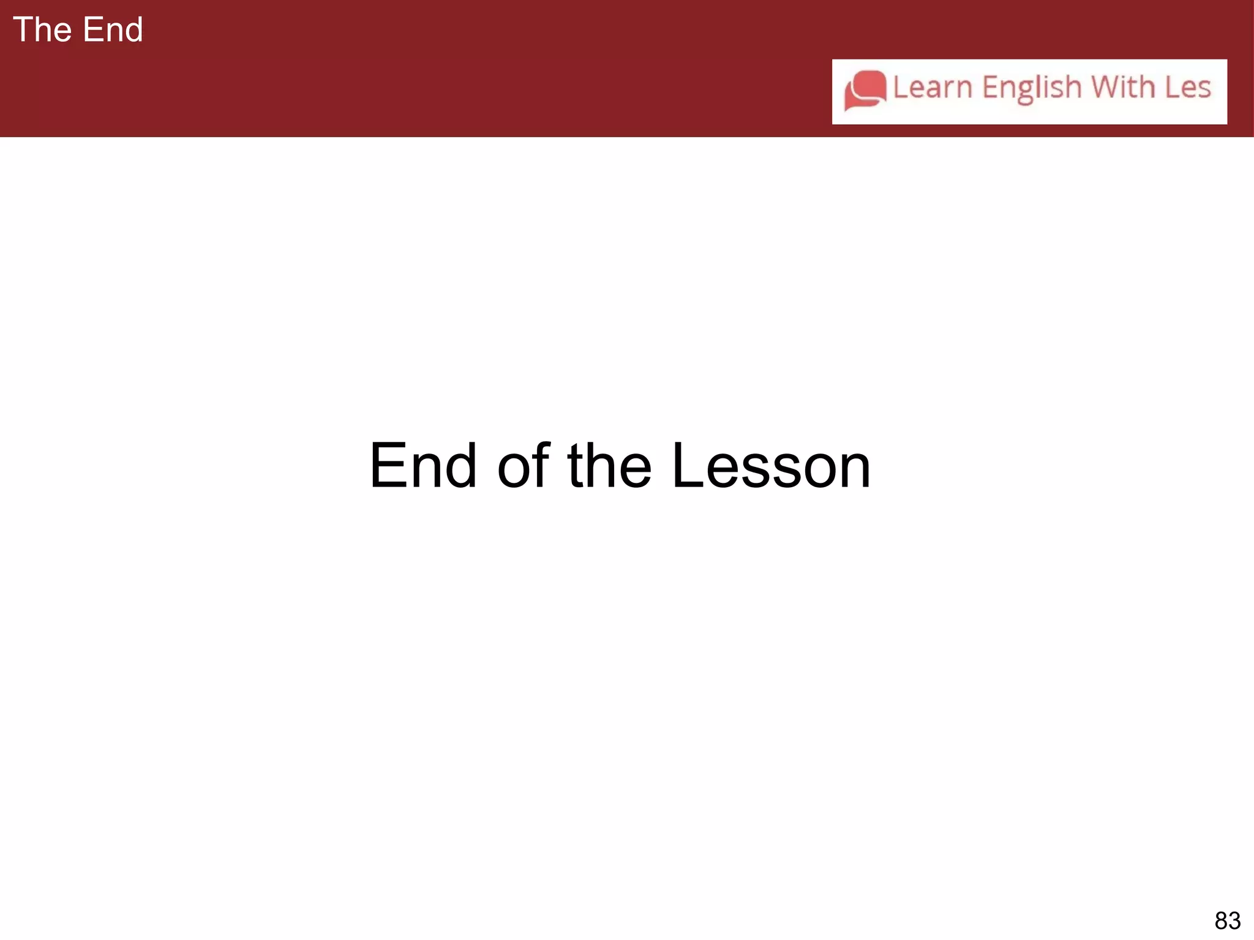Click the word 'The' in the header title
[42, 29]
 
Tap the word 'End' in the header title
[113, 29]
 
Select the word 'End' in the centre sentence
[423, 466]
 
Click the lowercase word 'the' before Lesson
[610, 466]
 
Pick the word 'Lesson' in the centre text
[771, 466]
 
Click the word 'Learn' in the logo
[933, 88]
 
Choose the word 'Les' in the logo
[1188, 88]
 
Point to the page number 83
[1227, 920]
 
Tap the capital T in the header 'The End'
[23, 29]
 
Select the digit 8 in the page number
[1221, 920]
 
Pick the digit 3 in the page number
[1234, 920]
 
